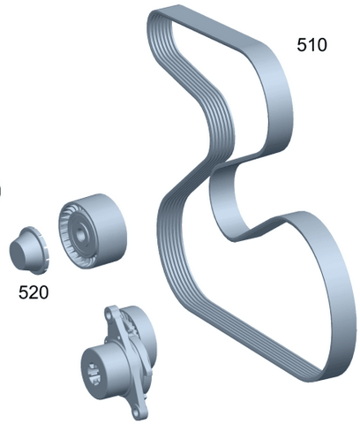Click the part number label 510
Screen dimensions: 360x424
[311, 45]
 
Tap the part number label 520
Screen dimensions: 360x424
[34, 292]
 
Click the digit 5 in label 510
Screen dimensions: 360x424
[302, 45]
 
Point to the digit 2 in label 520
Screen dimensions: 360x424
[34, 292]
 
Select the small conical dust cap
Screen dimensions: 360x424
[29, 251]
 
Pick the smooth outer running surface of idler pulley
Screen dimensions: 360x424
[109, 228]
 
